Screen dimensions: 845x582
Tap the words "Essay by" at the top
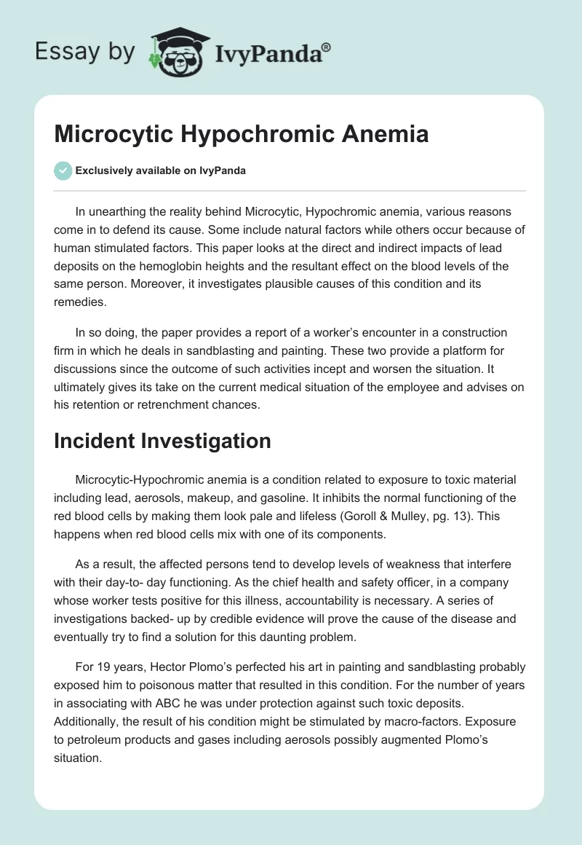coord(84,52)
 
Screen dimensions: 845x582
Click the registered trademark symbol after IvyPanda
coord(327,48)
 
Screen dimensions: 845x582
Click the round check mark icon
coord(63,170)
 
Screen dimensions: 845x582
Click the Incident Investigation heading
coord(162,441)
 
